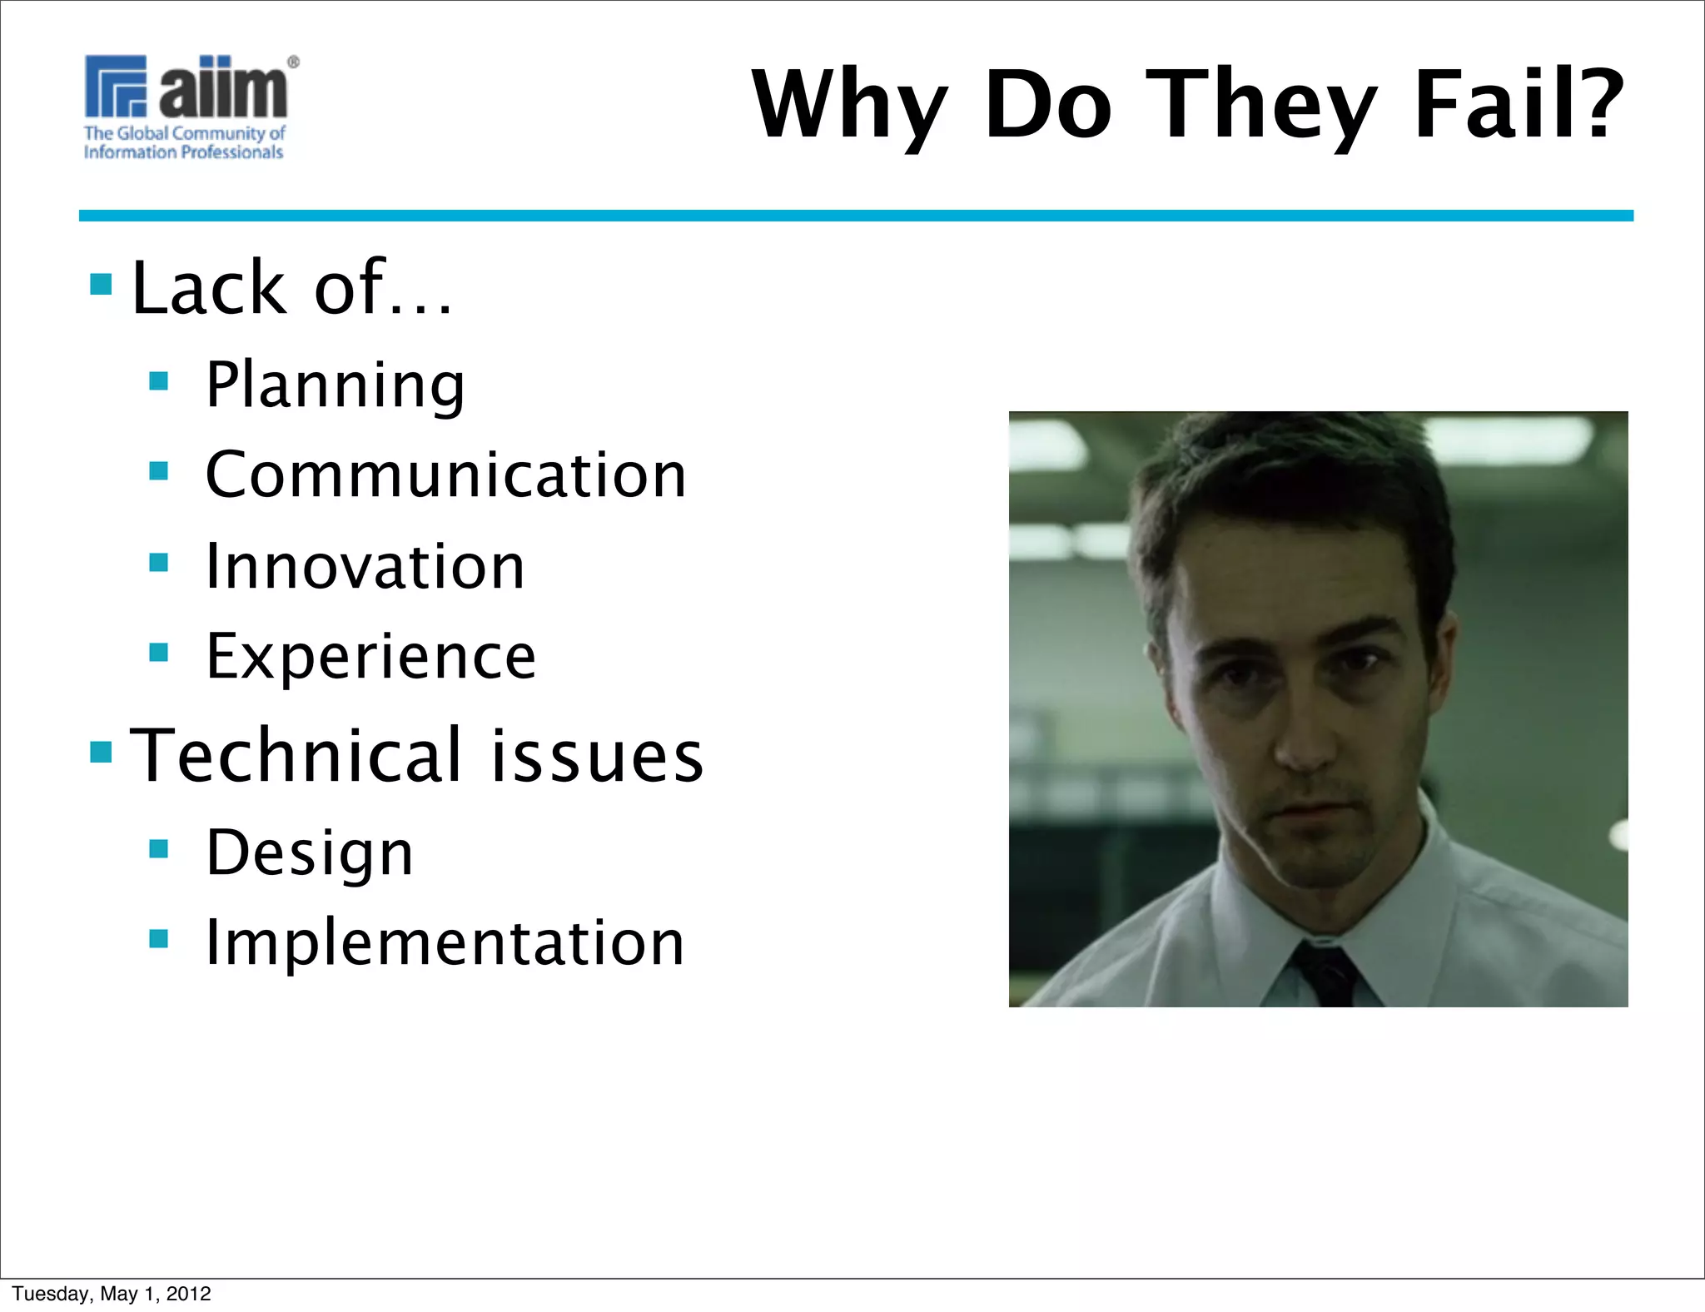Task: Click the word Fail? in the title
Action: pyautogui.click(x=1519, y=104)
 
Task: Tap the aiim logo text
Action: pyautogui.click(x=223, y=88)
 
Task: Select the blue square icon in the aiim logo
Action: pyautogui.click(x=116, y=86)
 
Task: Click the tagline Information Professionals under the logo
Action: pyautogui.click(x=183, y=152)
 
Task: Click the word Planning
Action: pyautogui.click(x=335, y=385)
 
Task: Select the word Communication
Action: pyautogui.click(x=445, y=475)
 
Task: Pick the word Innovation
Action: pyautogui.click(x=365, y=566)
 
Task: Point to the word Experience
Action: pyautogui.click(x=370, y=657)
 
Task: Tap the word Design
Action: pyautogui.click(x=309, y=852)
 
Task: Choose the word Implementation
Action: pyautogui.click(x=445, y=942)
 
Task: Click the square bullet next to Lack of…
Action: pyautogui.click(x=101, y=285)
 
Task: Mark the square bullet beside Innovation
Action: pyautogui.click(x=158, y=563)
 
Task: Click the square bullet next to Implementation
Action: pyautogui.click(x=158, y=939)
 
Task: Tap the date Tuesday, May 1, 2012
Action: pyautogui.click(x=112, y=1293)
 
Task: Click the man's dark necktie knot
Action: pyautogui.click(x=1324, y=966)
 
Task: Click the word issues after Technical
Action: pyautogui.click(x=596, y=755)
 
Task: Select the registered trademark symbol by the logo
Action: pyautogui.click(x=293, y=62)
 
